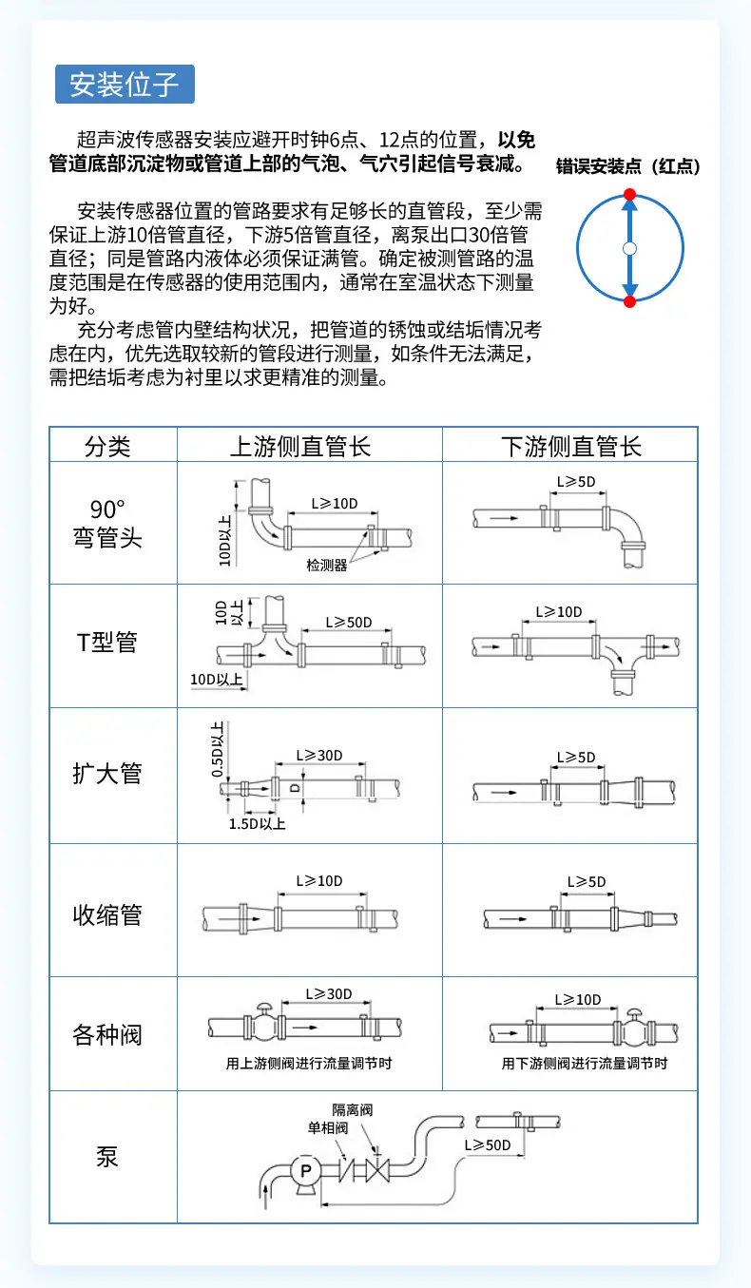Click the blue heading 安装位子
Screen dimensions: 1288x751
click(x=125, y=85)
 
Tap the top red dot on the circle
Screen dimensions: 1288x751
click(x=629, y=194)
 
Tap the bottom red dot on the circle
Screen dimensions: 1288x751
click(x=629, y=302)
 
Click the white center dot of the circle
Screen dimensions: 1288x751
click(x=629, y=248)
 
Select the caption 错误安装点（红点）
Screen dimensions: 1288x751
click(x=628, y=166)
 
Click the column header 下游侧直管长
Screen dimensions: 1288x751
click(x=570, y=446)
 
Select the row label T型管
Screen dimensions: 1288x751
click(x=107, y=643)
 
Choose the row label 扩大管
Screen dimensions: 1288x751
click(x=107, y=773)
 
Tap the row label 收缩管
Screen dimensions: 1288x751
click(x=107, y=914)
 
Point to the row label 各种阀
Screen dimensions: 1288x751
click(x=107, y=1033)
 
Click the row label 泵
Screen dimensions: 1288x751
click(x=107, y=1157)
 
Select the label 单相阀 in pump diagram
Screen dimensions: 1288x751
click(x=327, y=1128)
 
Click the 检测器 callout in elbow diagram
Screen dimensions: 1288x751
click(x=326, y=565)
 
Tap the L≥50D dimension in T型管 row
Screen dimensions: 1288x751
click(x=348, y=622)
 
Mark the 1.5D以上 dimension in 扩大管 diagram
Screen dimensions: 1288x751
click(x=257, y=823)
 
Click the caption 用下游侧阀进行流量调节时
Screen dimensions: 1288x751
click(x=585, y=1064)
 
